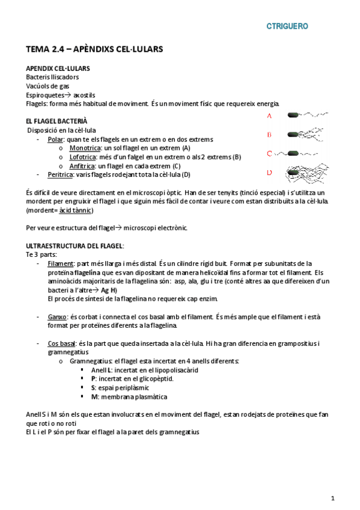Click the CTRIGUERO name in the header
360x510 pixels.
pyautogui.click(x=287, y=26)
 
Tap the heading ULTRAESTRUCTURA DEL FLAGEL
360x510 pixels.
pyautogui.click(x=75, y=246)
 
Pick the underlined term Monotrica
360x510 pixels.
pyautogui.click(x=84, y=148)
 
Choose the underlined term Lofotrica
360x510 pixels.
pyautogui.click(x=83, y=157)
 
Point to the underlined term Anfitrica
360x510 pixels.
pyautogui.click(x=82, y=166)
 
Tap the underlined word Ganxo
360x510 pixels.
pyautogui.click(x=58, y=317)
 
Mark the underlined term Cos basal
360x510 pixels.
pyautogui.click(x=62, y=343)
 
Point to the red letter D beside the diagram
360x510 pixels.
pyautogui.click(x=269, y=173)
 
